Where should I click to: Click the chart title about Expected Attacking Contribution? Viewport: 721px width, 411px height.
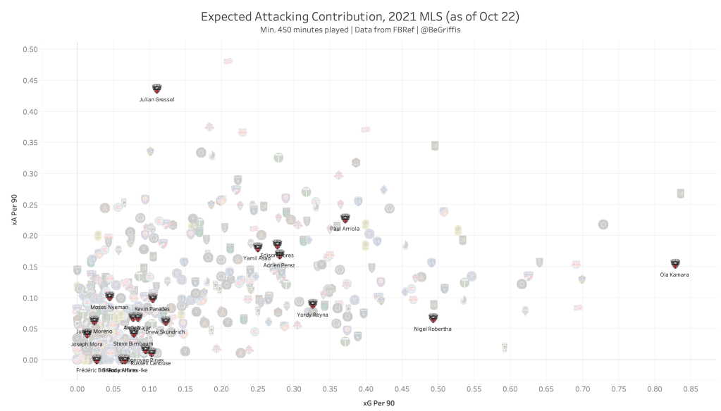pyautogui.click(x=360, y=16)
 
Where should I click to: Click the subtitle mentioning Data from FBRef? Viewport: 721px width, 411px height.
pyautogui.click(x=360, y=30)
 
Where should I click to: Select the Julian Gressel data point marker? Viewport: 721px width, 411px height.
pyautogui.click(x=157, y=89)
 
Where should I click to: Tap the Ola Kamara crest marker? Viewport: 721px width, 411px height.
pyautogui.click(x=675, y=264)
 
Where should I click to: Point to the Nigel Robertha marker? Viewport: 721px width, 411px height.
pyautogui.click(x=433, y=318)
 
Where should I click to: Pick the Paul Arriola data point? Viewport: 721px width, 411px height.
pyautogui.click(x=345, y=218)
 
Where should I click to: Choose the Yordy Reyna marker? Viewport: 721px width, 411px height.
pyautogui.click(x=312, y=304)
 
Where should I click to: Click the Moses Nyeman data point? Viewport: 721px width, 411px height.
pyautogui.click(x=109, y=296)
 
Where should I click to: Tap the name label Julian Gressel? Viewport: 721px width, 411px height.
pyautogui.click(x=157, y=100)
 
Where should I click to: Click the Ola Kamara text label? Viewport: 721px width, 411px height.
pyautogui.click(x=675, y=274)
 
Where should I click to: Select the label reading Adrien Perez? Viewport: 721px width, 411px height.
pyautogui.click(x=279, y=265)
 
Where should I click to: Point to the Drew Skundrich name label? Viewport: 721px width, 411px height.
pyautogui.click(x=165, y=331)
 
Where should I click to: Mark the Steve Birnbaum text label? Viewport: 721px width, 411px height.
pyautogui.click(x=133, y=343)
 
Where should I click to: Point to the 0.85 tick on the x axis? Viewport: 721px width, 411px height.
pyautogui.click(x=691, y=388)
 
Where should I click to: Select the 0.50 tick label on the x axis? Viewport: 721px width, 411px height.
pyautogui.click(x=438, y=388)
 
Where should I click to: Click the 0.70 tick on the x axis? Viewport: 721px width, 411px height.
pyautogui.click(x=582, y=388)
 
